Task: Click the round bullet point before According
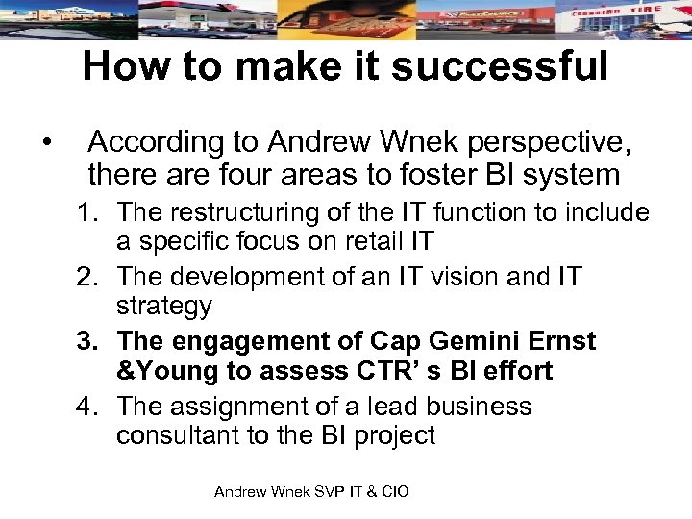(47, 143)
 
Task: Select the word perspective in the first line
(547, 143)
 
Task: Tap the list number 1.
(87, 212)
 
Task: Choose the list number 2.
(87, 278)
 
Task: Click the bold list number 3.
(87, 341)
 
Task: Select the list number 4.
(87, 406)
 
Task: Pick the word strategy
(163, 307)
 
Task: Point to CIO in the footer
(394, 492)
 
